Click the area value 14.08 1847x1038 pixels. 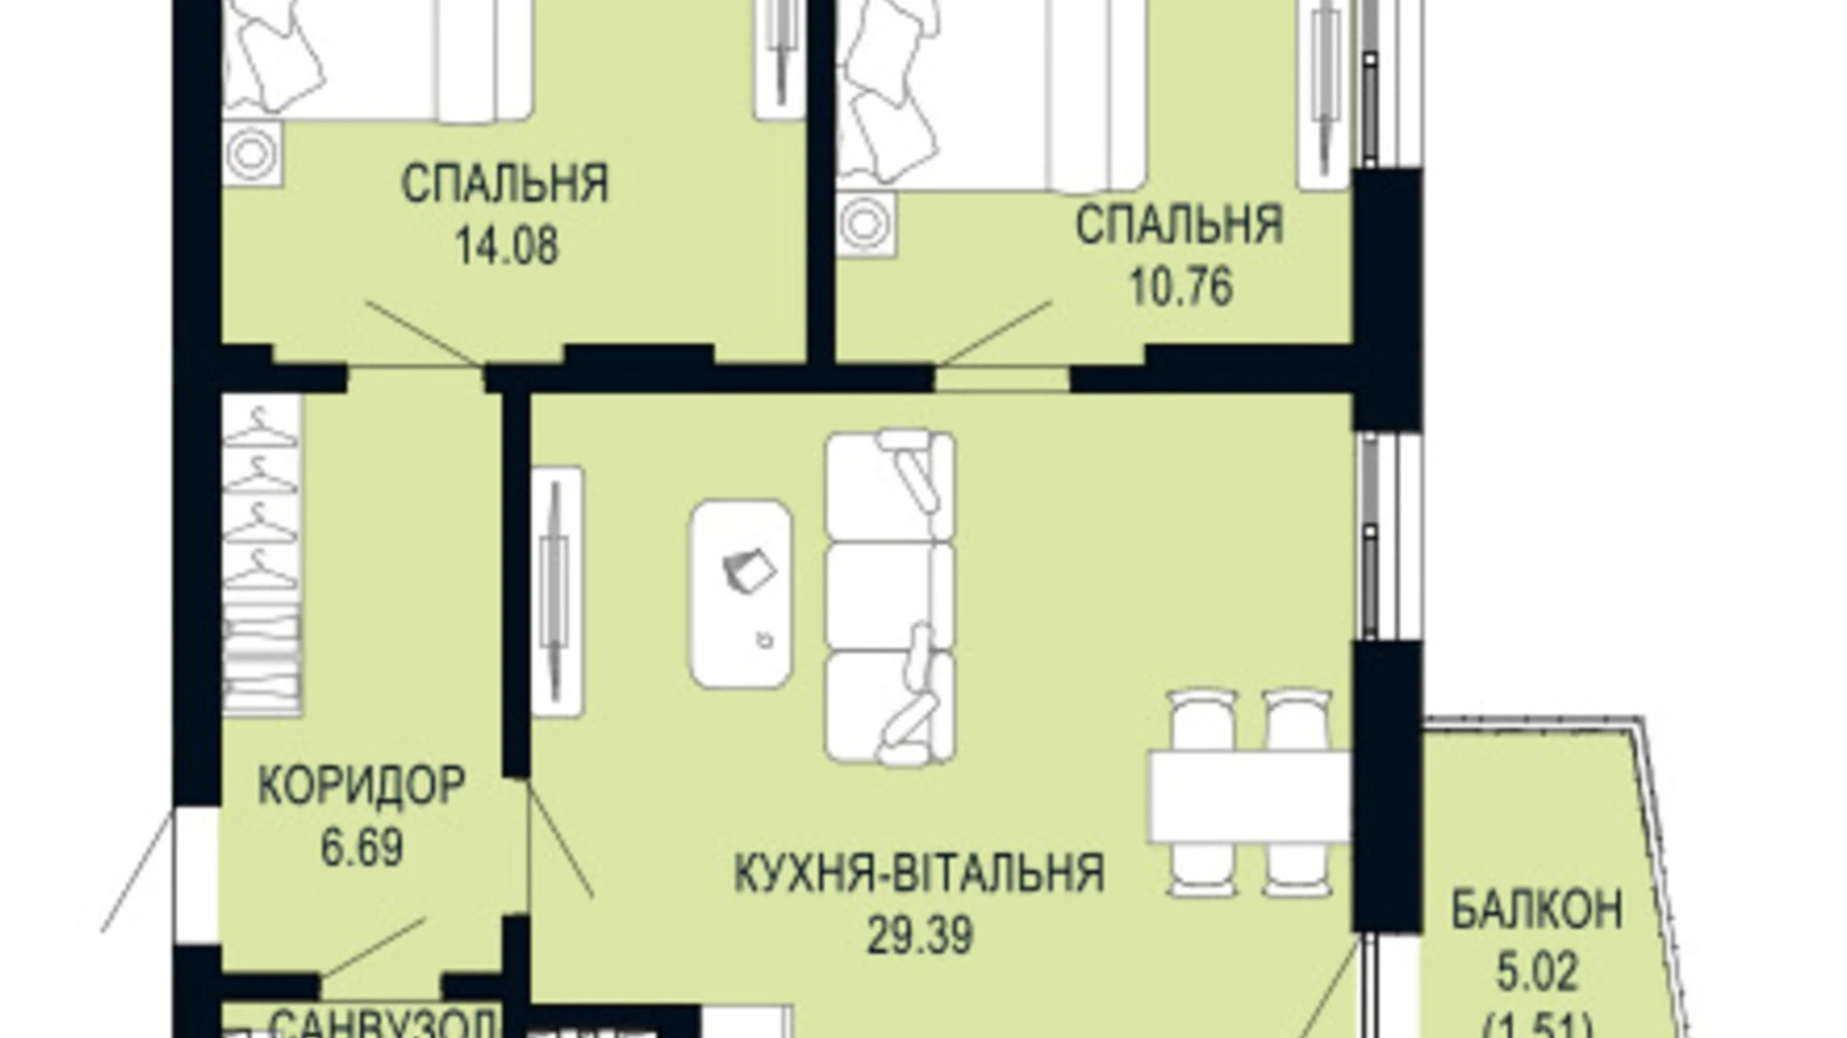click(506, 246)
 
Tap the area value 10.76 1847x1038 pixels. click(1180, 287)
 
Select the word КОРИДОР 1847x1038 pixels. click(361, 786)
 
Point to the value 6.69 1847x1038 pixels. click(361, 848)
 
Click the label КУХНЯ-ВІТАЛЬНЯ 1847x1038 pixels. click(919, 873)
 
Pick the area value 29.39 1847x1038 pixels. click(919, 936)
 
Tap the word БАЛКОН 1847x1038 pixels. click(1536, 910)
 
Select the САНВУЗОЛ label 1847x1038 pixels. click(381, 1024)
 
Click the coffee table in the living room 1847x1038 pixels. click(742, 595)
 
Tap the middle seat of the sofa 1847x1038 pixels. click(889, 595)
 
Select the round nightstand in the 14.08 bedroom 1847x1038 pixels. click(251, 154)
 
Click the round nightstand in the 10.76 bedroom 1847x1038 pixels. click(866, 225)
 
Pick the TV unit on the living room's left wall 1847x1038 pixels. click(556, 592)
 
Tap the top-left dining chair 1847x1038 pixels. click(1202, 720)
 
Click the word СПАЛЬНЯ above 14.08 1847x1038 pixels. click(504, 185)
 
